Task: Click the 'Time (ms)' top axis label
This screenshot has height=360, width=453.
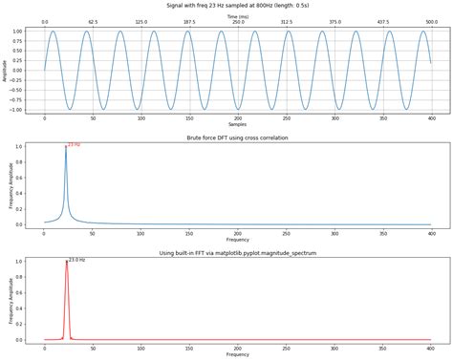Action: tap(237, 16)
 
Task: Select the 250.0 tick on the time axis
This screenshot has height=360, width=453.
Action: tap(237, 23)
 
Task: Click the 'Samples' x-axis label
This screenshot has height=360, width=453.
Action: tap(237, 125)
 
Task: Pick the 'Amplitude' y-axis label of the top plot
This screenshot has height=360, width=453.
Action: tap(6, 70)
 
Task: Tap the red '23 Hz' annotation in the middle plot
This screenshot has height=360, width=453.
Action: tap(74, 145)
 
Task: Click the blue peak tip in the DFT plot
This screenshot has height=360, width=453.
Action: tap(66, 147)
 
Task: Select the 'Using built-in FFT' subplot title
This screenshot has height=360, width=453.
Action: tap(237, 253)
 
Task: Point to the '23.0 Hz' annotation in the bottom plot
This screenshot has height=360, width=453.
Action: tap(76, 260)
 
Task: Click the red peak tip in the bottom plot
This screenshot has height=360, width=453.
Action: tap(66, 262)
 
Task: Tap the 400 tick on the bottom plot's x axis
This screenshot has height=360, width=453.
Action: tap(430, 347)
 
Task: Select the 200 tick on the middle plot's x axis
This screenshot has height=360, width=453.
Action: tap(237, 232)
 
